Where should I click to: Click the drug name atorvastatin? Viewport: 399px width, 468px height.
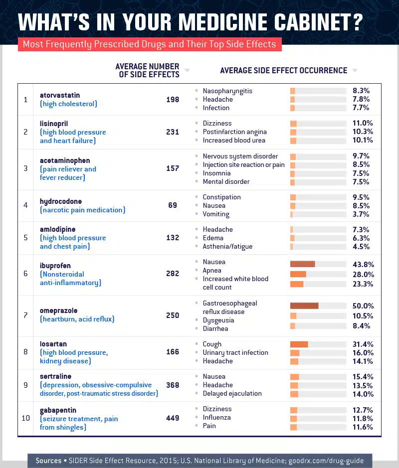60,95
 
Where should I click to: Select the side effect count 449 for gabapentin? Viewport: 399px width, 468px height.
173,418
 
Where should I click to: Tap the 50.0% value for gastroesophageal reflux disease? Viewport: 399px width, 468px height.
363,306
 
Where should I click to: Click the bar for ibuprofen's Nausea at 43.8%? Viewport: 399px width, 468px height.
303,264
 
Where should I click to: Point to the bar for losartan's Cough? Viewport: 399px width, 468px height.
299,344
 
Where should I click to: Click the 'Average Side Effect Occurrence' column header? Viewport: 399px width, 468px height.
283,71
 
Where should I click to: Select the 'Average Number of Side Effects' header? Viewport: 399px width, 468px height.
147,70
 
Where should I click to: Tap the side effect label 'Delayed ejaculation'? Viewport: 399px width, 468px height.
232,394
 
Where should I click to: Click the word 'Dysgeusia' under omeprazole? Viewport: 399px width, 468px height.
218,320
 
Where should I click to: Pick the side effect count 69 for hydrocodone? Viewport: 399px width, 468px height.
173,205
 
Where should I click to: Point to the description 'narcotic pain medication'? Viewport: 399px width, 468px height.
82,210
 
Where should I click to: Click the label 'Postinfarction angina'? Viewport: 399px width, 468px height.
234,132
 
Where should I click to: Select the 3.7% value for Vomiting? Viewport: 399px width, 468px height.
361,214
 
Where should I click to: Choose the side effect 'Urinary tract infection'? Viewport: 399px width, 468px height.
235,353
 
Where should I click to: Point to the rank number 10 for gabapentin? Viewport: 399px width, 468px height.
25,418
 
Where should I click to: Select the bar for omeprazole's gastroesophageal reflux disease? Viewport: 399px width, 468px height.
304,306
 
